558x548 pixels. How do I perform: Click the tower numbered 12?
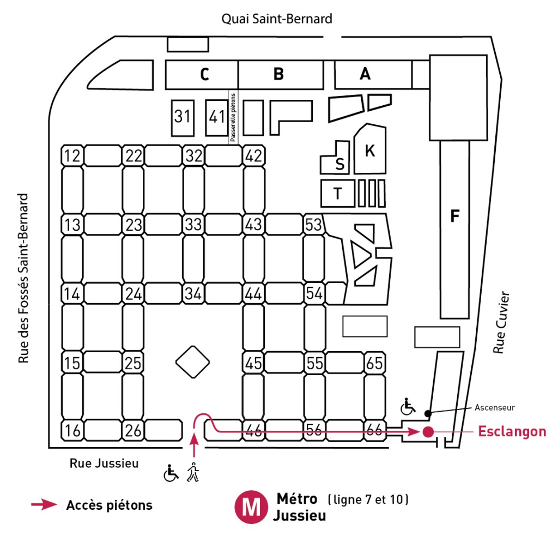[72, 155]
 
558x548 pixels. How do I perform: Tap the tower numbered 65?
[374, 363]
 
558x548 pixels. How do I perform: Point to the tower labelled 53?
[313, 224]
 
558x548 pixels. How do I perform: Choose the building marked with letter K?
[370, 151]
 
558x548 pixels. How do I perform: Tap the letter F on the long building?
[454, 216]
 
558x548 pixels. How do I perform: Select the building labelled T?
[338, 194]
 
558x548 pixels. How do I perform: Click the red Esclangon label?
[512, 432]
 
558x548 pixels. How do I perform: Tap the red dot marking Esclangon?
[427, 432]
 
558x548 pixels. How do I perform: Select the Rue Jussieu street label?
[104, 463]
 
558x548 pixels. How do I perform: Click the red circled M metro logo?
[251, 507]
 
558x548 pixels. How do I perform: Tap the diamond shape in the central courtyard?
[193, 362]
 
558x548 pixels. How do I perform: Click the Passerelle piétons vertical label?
[233, 117]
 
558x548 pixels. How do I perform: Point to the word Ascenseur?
[494, 406]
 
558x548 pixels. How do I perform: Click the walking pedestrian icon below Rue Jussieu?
[193, 472]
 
